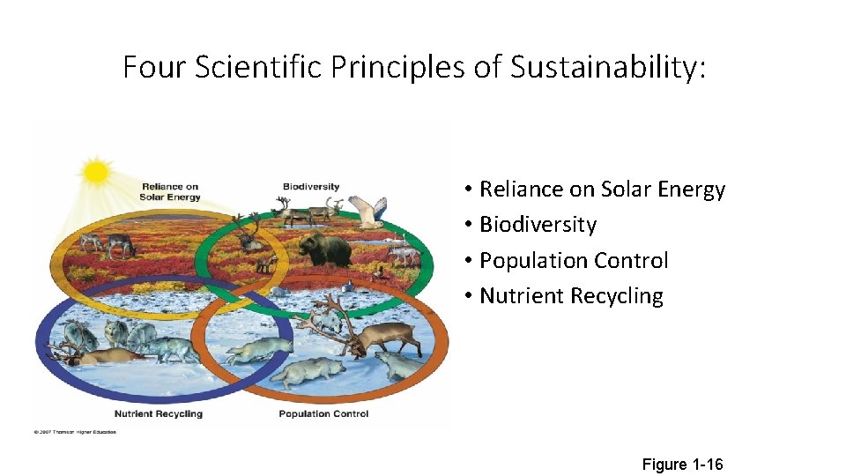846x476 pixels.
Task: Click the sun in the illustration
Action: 95,171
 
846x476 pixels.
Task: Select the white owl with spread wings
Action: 370,211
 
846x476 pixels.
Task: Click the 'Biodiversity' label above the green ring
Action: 310,187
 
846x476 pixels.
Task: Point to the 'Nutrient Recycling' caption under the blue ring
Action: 159,413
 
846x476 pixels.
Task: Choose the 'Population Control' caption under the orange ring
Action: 317,413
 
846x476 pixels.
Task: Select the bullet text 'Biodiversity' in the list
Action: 538,225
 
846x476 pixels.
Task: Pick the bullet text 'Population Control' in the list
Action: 574,261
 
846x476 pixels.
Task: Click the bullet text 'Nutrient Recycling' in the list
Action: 571,296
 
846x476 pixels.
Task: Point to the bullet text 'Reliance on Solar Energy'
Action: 602,190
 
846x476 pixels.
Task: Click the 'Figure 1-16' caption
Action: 682,464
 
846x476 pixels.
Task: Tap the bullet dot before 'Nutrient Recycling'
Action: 469,296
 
